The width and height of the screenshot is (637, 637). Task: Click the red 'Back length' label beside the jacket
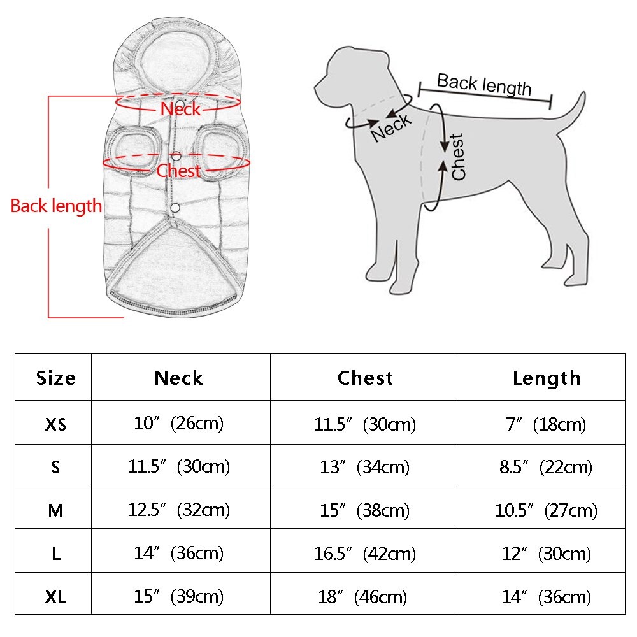56,206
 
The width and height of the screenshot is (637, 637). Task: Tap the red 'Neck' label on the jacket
180,109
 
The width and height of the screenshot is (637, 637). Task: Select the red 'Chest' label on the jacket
178,171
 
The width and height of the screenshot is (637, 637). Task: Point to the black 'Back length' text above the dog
484,84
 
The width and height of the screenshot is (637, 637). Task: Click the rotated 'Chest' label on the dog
458,157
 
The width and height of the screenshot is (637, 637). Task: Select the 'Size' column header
55,378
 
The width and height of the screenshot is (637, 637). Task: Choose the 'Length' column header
547,378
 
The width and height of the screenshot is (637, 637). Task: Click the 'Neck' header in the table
178,378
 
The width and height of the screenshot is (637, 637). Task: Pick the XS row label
55,424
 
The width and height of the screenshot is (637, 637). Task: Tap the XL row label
55,597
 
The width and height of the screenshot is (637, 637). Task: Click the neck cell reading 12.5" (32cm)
178,510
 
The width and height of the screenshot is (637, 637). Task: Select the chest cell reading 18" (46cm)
362,597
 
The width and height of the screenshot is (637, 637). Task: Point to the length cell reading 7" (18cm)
546,424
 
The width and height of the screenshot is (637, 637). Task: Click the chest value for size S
364,467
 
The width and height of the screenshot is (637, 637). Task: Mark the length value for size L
546,554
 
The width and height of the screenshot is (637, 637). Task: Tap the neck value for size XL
178,597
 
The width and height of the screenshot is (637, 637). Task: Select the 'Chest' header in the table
365,378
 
